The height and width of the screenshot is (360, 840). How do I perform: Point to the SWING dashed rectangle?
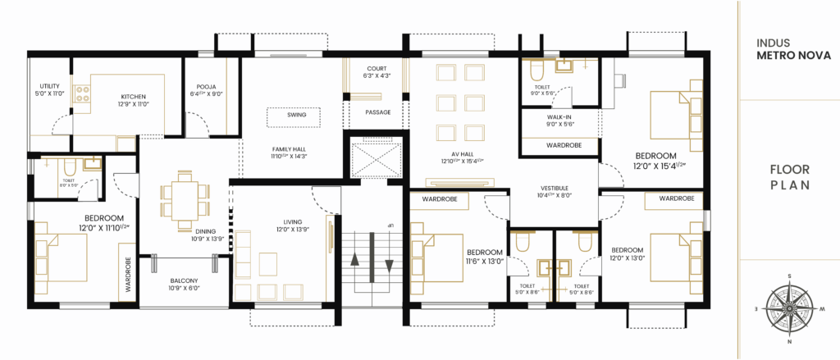(296, 116)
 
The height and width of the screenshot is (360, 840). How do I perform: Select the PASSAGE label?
(377, 112)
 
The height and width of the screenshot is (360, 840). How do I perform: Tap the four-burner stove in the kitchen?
(82, 94)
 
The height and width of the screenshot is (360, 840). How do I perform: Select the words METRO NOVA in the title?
(793, 56)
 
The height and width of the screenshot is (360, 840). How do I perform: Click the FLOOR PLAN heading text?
(790, 178)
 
